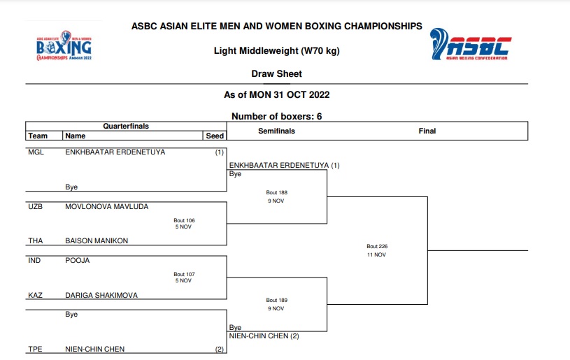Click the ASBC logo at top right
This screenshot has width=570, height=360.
point(470,45)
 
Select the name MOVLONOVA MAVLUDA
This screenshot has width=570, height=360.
point(106,207)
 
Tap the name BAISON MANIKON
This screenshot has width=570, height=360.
point(97,240)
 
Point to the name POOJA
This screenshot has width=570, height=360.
point(78,260)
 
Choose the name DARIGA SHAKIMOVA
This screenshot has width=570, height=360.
point(101,295)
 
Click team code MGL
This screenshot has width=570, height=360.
point(36,152)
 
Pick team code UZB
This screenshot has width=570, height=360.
point(36,207)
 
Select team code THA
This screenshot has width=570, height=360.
point(36,240)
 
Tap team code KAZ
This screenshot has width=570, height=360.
point(35,295)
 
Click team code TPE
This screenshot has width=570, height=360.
point(35,349)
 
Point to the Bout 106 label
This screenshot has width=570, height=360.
point(184,220)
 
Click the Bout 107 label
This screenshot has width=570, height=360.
point(184,274)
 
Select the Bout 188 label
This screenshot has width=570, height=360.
point(276,192)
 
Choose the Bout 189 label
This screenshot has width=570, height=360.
point(276,300)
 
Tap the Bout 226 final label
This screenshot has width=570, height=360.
point(376,246)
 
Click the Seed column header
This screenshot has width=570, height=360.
point(214,136)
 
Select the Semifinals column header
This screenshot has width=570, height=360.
point(276,131)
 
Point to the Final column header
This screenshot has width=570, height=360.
point(427,131)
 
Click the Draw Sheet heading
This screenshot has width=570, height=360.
point(276,73)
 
